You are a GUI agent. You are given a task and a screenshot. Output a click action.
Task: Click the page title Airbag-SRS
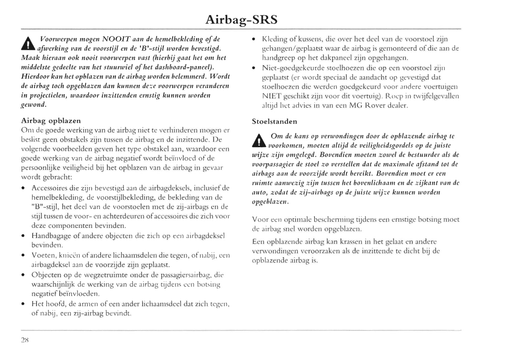click(241, 20)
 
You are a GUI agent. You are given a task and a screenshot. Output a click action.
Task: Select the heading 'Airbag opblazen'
click(51, 121)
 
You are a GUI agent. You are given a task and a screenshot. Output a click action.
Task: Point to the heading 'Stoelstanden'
click(274, 121)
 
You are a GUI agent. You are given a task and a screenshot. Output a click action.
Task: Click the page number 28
click(25, 340)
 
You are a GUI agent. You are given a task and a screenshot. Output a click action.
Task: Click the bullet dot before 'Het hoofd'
click(23, 304)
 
